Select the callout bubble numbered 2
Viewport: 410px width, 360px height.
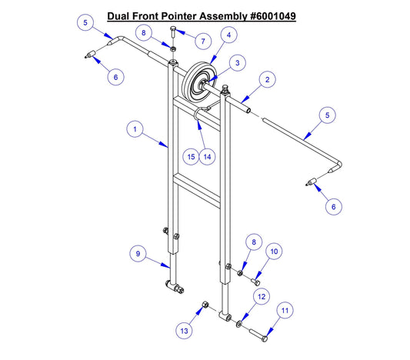point(267,79)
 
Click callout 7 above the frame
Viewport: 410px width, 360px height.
point(203,40)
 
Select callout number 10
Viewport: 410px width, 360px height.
point(275,252)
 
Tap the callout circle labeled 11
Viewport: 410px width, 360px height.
point(285,311)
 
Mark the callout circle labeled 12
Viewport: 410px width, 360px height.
point(262,296)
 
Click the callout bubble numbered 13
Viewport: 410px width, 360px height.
point(183,330)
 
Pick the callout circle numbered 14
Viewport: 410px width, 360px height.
point(206,156)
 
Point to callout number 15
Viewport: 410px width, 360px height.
point(191,156)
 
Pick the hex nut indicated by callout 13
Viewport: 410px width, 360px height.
point(204,305)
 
